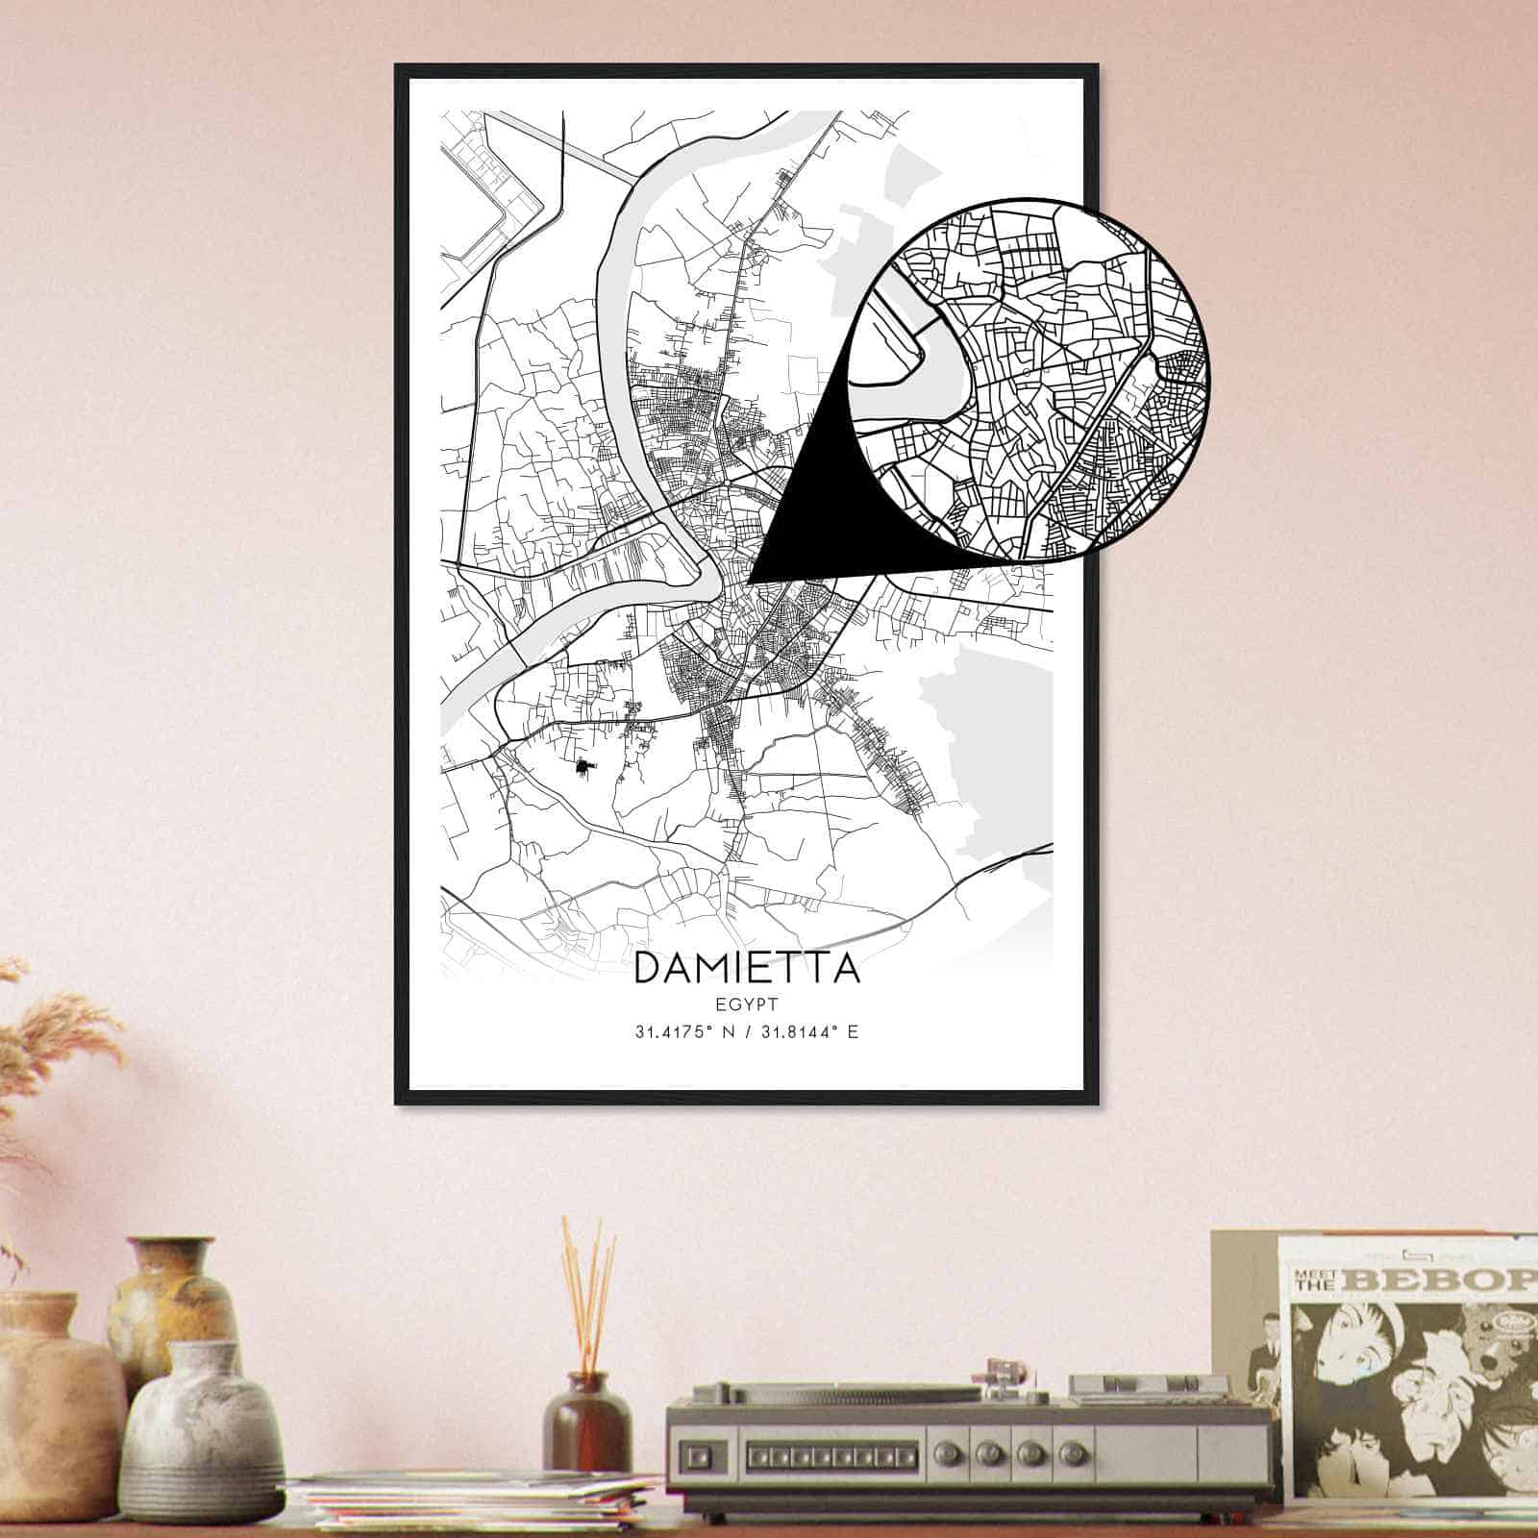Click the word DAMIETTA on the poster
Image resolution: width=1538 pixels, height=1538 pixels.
(x=747, y=969)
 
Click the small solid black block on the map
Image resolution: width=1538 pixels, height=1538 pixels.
(x=583, y=766)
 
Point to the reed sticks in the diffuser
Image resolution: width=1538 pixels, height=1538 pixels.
(x=587, y=1288)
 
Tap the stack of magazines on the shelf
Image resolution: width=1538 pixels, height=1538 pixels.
(x=471, y=1504)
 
